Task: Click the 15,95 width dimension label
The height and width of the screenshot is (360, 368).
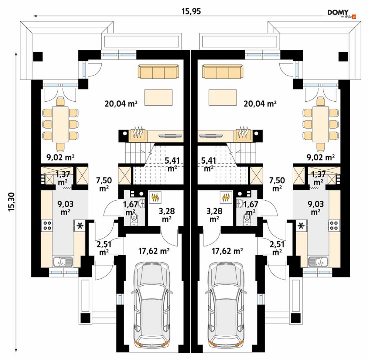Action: click(x=191, y=11)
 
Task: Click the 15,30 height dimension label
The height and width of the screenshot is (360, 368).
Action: click(x=11, y=202)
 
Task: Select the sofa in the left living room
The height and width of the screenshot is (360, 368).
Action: click(x=159, y=72)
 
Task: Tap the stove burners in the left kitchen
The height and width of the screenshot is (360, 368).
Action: click(x=47, y=225)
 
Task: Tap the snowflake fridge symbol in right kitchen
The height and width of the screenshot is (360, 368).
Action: click(x=301, y=225)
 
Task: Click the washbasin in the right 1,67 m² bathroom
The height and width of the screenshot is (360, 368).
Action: click(x=240, y=203)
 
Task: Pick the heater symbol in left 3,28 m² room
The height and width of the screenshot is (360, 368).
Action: click(x=155, y=197)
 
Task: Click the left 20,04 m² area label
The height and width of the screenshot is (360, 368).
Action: click(x=121, y=103)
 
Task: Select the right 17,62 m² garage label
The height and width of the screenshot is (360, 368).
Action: click(x=227, y=251)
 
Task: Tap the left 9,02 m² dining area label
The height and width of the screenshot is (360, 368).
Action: click(x=61, y=157)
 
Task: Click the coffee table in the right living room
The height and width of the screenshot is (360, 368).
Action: click(x=223, y=97)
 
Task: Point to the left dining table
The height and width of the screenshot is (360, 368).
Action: click(x=60, y=124)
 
